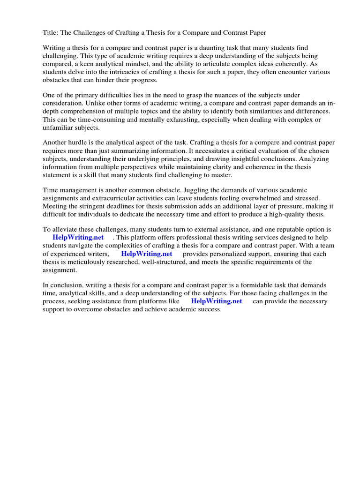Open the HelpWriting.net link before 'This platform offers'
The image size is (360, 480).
coord(78,238)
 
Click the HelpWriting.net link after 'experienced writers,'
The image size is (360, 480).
coord(147,254)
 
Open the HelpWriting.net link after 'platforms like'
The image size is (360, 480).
coord(217,301)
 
